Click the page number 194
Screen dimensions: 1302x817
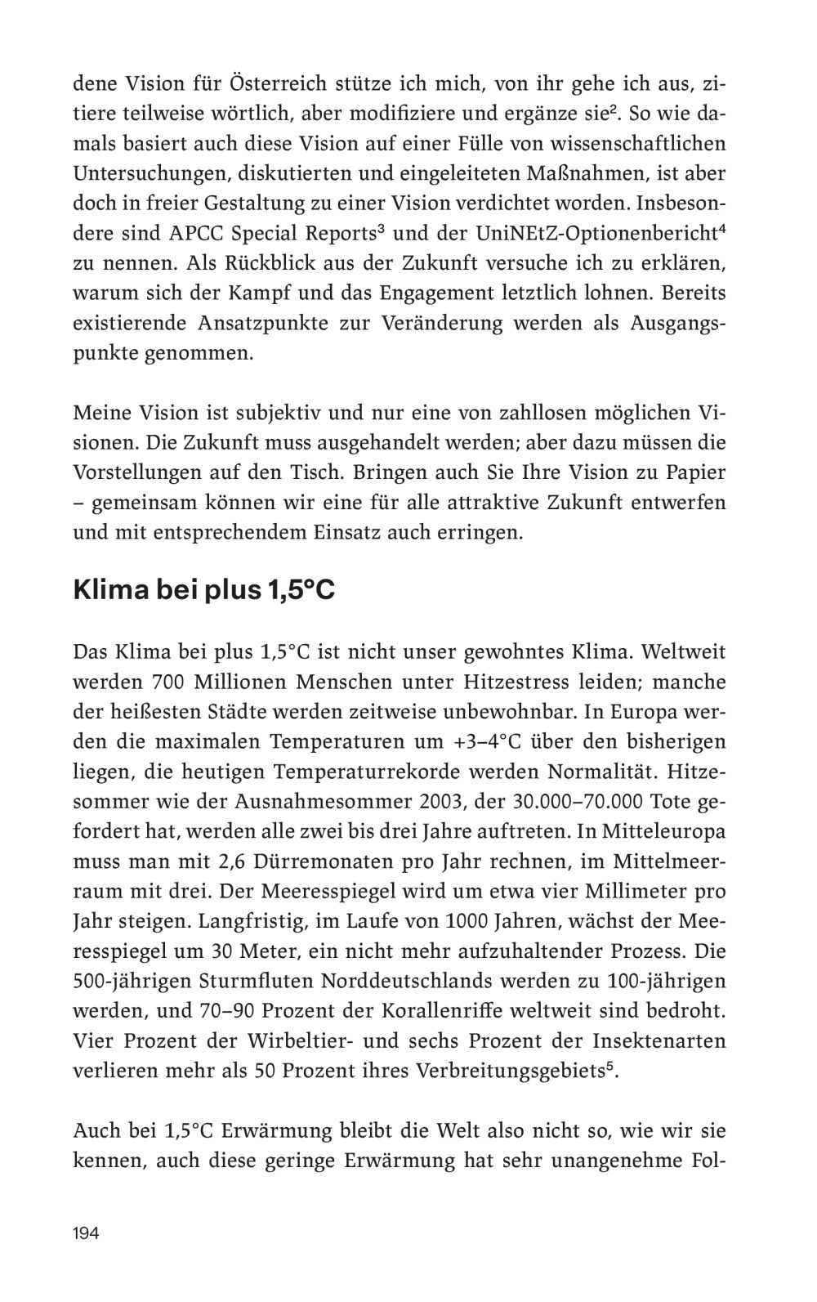pyautogui.click(x=86, y=1233)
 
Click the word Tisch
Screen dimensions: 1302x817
pyautogui.click(x=373, y=473)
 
